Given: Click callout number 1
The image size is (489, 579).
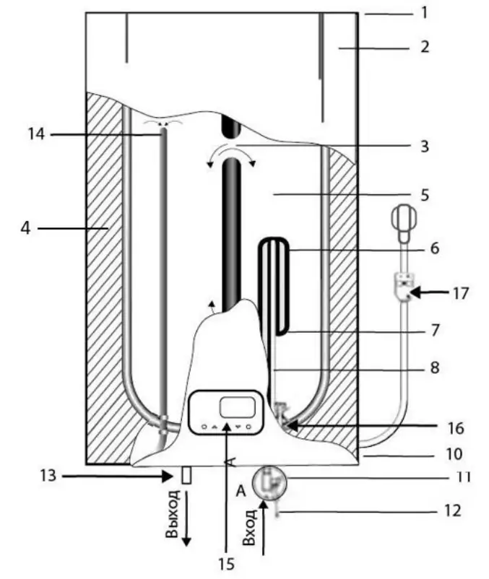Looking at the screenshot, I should pos(425,12).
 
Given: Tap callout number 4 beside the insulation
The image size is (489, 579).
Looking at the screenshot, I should pos(25,229).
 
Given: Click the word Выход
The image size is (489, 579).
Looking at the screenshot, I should pos(171,513).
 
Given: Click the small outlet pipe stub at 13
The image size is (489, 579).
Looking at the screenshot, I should pos(186,475).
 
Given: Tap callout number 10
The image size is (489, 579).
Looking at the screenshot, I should pos(454,455).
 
